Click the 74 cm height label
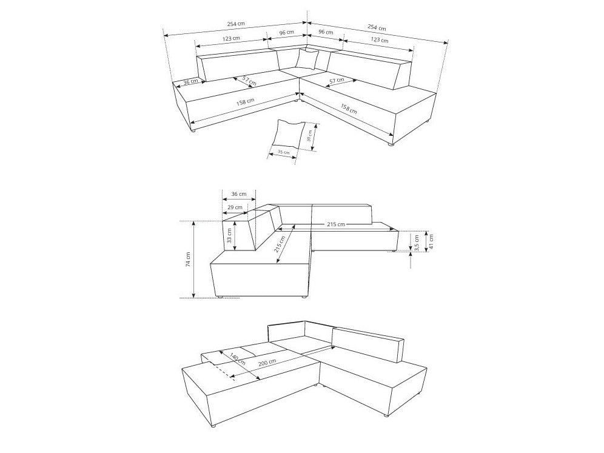coord(189,260)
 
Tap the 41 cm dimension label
coord(431,241)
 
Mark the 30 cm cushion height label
coord(309,136)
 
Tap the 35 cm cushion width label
coord(284,152)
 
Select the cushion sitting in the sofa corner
coord(307,59)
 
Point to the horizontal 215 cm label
coord(336,224)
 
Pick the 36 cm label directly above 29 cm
coord(239,194)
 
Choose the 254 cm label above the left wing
coord(236,24)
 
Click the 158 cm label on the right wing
coord(349,109)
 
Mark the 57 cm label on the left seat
coord(249,80)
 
